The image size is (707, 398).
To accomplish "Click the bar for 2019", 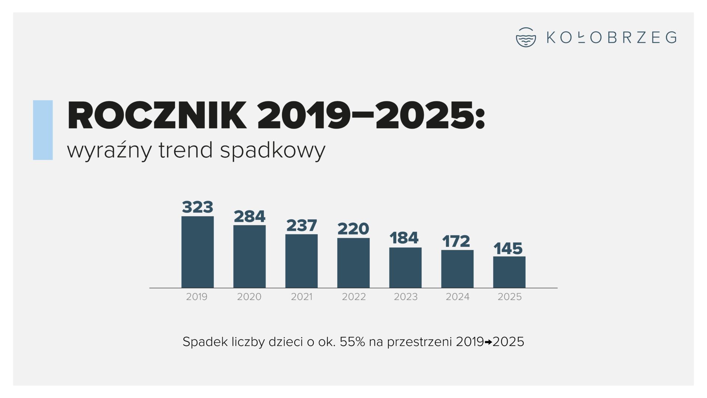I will tap(197, 252).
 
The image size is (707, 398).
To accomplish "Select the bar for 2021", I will tap(301, 261).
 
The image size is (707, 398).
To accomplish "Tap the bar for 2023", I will tap(405, 268).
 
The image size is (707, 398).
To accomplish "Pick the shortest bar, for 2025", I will tap(509, 272).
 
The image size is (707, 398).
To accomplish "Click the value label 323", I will tap(197, 207).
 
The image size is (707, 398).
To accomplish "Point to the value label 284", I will tap(249, 216).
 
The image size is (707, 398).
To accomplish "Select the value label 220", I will tap(353, 229).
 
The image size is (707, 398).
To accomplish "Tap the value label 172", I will tap(456, 241).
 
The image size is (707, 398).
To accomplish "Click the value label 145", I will tap(508, 248).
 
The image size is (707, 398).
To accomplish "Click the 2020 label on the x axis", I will tap(249, 297).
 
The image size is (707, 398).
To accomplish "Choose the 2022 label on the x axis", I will tap(353, 297).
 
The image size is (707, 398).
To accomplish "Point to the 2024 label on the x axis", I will tap(457, 297).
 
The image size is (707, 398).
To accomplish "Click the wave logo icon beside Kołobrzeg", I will tap(526, 37).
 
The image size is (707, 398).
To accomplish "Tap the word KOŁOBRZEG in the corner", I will tap(611, 38).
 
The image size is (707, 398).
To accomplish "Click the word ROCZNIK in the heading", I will tap(157, 116).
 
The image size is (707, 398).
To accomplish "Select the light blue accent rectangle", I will tap(43, 130).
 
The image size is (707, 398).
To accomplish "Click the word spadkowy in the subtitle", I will tap(272, 150).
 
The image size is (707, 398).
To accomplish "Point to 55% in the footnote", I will tap(352, 342).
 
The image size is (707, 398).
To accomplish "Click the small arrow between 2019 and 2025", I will tap(488, 342).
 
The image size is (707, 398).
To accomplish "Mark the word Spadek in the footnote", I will tap(205, 342).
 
